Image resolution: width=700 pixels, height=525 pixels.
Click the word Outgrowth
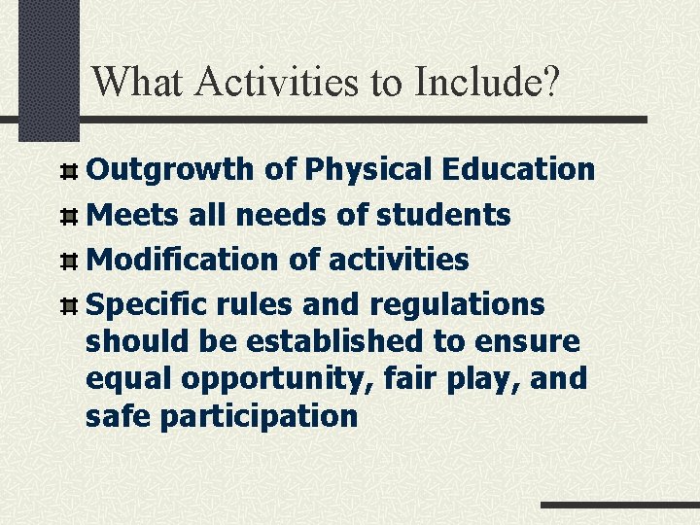(x=170, y=169)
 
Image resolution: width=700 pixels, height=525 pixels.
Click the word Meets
(x=132, y=214)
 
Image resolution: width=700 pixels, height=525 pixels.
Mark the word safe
(x=118, y=416)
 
